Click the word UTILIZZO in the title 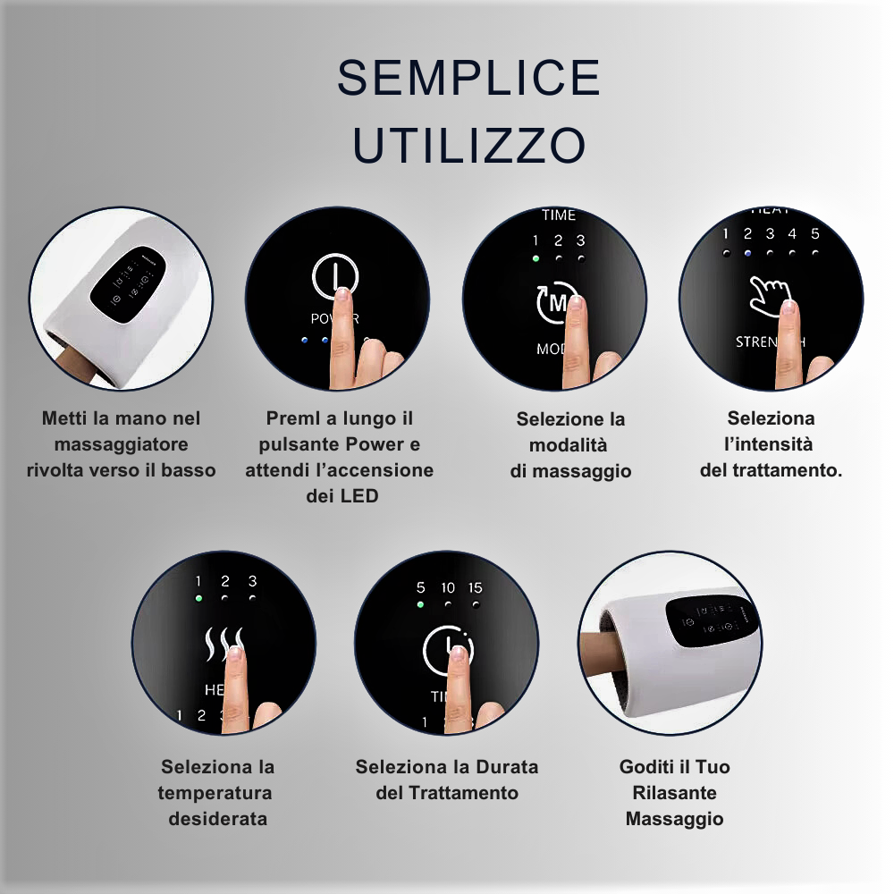[468, 145]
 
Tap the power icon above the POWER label [335, 276]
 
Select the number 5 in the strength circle [814, 234]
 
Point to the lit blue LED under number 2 [748, 253]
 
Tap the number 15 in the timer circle [475, 587]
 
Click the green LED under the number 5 [420, 604]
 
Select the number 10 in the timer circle [448, 587]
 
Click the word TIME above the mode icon [559, 215]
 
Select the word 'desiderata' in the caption [217, 818]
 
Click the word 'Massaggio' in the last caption [674, 818]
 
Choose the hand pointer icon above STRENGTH [769, 294]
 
